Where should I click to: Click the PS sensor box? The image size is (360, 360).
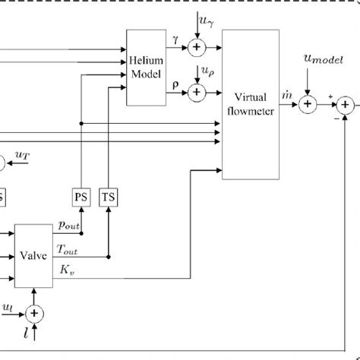(x=81, y=196)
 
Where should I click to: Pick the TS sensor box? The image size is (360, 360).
(x=110, y=196)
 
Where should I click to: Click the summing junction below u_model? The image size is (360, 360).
(x=307, y=106)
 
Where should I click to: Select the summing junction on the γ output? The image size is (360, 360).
(x=197, y=48)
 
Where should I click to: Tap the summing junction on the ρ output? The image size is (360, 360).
(x=197, y=92)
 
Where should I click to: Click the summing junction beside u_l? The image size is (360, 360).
(x=33, y=312)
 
